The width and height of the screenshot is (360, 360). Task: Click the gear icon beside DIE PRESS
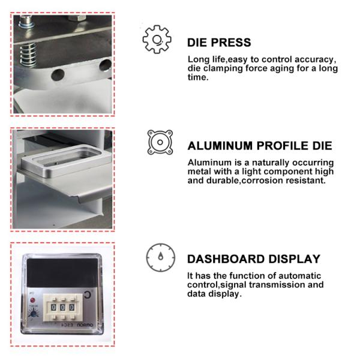point(157,40)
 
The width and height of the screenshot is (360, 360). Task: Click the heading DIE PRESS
point(219,43)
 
